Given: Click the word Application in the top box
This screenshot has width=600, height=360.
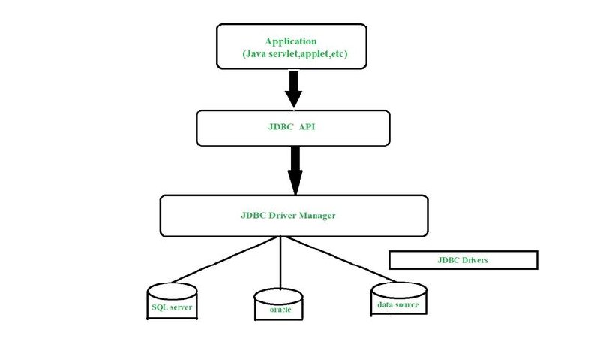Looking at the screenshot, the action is pos(291,41).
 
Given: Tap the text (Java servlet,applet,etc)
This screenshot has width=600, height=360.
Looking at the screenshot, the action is pos(295,53).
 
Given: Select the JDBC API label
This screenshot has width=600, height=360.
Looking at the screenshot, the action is pos(292,127).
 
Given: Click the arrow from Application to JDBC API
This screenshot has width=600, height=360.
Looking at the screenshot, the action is pos(293,89).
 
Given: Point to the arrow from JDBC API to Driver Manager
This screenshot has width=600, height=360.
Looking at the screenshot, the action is pos(295,170).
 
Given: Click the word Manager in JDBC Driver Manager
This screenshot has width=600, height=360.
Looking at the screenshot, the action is pos(316,216).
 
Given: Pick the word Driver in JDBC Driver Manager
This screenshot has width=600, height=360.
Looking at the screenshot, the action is pos(283,216).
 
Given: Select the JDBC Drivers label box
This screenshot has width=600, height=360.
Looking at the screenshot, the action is pos(463,260).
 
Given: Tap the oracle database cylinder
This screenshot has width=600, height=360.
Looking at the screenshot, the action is pos(278,304).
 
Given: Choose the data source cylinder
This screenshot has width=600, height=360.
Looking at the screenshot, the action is pos(399,299).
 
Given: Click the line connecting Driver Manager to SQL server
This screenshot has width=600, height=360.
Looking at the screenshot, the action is pos(223,260).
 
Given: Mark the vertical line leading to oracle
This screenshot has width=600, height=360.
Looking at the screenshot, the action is pos(280,262).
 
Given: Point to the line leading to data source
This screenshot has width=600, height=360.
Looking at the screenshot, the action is pos(340,259).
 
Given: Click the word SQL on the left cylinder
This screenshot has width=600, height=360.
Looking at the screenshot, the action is pos(160,307).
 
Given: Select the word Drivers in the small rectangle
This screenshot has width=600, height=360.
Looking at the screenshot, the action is pos(474,260).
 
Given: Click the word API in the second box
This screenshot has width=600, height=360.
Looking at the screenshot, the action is pos(307,127).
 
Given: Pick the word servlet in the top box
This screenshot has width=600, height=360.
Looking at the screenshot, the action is pos(283,53).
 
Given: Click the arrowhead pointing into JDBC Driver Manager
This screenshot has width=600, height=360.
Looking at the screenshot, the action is pos(295,183).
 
